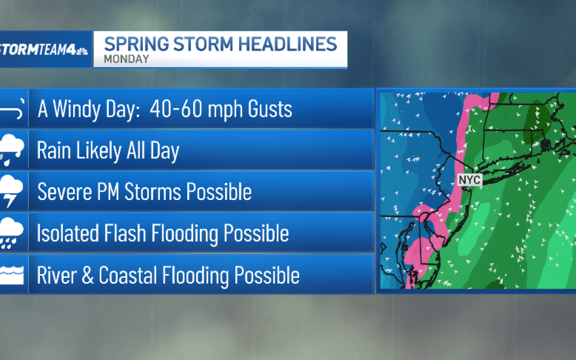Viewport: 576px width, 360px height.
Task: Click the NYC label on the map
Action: click(469, 180)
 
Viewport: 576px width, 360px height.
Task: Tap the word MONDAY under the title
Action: click(126, 59)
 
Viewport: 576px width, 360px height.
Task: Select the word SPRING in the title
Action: click(133, 44)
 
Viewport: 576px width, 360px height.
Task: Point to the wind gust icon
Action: click(12, 110)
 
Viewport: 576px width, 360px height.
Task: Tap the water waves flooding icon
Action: click(12, 276)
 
